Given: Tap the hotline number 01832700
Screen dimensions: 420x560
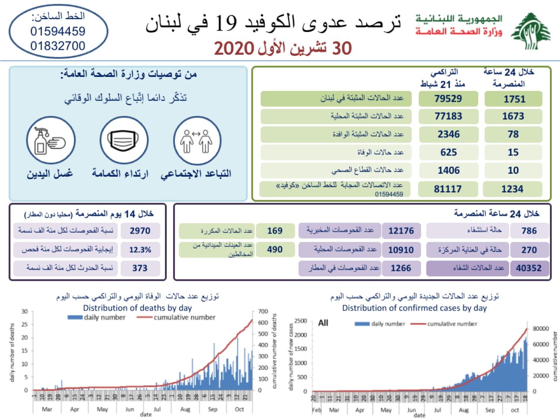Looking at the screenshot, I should [58, 46].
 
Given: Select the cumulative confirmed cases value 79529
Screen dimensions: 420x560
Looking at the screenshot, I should [448, 99].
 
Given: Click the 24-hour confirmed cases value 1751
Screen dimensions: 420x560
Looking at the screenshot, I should [514, 99].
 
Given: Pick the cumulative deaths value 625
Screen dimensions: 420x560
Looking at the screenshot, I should [448, 152].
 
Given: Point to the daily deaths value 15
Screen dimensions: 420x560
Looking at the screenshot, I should [513, 152].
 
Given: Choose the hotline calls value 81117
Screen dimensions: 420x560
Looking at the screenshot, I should [448, 189].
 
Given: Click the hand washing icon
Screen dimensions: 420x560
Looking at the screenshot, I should [50, 141].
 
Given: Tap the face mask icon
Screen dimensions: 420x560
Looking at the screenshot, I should [124, 141].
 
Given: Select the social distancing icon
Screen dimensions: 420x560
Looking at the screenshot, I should [196, 141].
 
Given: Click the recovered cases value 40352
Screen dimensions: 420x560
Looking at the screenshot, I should [528, 268].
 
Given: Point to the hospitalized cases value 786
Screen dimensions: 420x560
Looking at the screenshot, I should [529, 231].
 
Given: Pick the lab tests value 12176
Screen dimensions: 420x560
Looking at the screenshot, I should [401, 231].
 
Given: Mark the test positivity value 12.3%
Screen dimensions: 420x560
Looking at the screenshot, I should [140, 250].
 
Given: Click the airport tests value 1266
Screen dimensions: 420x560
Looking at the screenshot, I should [401, 268].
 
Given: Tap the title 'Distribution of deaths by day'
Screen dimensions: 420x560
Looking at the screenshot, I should [137, 308].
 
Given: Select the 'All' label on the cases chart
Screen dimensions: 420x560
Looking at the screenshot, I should [323, 323].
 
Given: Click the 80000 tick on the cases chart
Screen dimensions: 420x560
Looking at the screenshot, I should [541, 329].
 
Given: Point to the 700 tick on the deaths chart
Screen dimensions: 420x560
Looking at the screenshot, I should [263, 311].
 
